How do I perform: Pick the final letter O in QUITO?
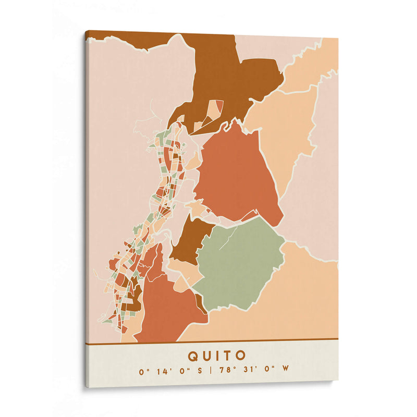[x=241, y=356]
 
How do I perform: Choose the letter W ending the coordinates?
[x=285, y=371]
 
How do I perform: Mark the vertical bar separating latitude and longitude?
[x=211, y=371]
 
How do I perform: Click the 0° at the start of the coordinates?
[x=142, y=371]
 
